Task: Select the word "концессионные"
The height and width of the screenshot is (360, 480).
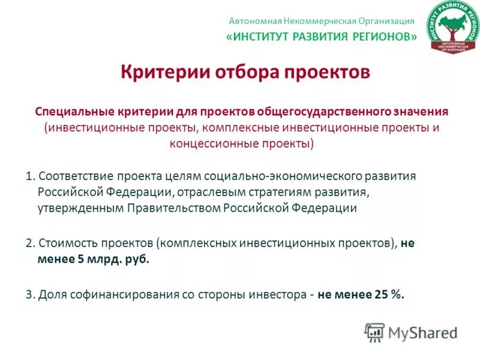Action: pyautogui.click(x=208, y=144)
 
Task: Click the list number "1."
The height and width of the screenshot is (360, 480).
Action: pyautogui.click(x=30, y=177)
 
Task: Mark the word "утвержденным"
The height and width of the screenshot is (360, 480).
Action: pyautogui.click(x=80, y=208)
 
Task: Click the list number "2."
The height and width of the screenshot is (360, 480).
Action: pyautogui.click(x=30, y=244)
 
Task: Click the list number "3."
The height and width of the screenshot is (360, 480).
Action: pyautogui.click(x=30, y=295)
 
